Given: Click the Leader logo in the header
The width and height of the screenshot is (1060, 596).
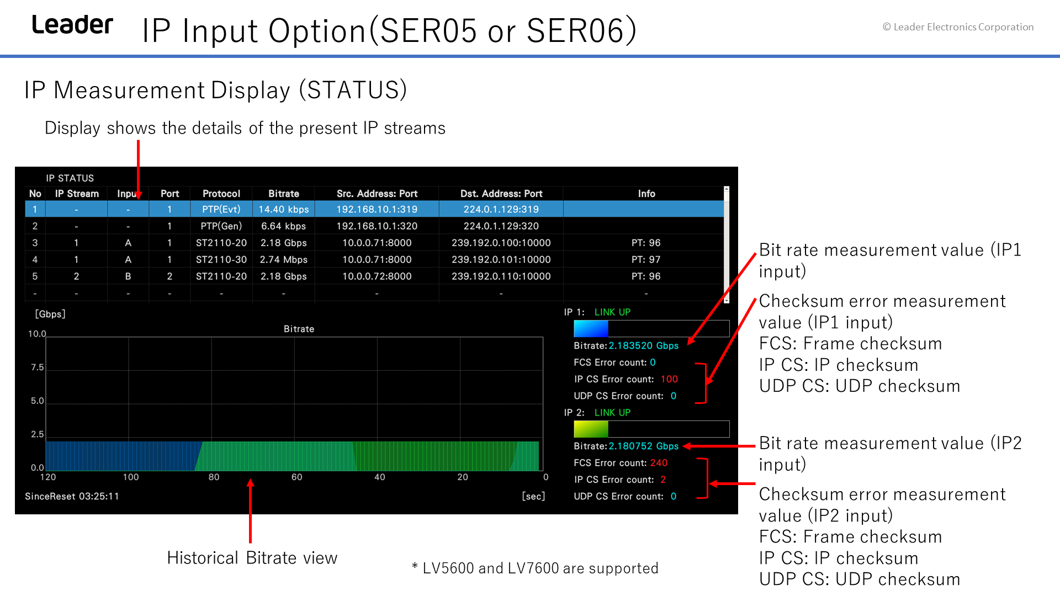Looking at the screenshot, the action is pyautogui.click(x=72, y=25).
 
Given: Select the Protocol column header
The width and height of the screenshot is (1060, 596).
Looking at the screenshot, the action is pyautogui.click(x=221, y=194).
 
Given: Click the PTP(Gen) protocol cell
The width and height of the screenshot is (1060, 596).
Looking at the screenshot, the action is pyautogui.click(x=221, y=226).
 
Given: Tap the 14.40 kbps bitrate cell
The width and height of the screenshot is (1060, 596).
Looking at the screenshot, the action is pyautogui.click(x=284, y=210).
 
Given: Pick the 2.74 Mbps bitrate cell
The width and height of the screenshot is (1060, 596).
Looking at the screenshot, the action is pyautogui.click(x=284, y=260).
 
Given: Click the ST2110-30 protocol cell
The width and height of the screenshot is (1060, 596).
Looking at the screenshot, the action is pyautogui.click(x=221, y=260).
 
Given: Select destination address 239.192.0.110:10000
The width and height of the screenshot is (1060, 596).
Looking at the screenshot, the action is pyautogui.click(x=501, y=276).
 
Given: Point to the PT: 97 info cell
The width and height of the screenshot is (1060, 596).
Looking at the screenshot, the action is pyautogui.click(x=646, y=260).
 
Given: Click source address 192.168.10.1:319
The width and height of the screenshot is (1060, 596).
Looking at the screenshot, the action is pyautogui.click(x=377, y=210).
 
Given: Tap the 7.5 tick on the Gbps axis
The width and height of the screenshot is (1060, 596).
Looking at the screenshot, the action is pyautogui.click(x=37, y=368).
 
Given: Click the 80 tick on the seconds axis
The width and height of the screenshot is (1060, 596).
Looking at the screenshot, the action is pyautogui.click(x=214, y=477).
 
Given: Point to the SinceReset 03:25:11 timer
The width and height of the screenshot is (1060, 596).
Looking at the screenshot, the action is pyautogui.click(x=72, y=497).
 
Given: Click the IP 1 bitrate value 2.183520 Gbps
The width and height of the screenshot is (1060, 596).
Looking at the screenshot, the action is pyautogui.click(x=644, y=346).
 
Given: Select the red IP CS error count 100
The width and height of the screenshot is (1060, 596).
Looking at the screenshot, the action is pyautogui.click(x=669, y=380).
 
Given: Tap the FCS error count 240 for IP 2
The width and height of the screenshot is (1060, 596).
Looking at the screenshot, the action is pyautogui.click(x=659, y=463).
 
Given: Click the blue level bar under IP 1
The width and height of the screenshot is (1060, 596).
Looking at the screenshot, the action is pyautogui.click(x=591, y=329).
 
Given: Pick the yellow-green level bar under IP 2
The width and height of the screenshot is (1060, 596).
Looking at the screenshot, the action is pyautogui.click(x=591, y=429).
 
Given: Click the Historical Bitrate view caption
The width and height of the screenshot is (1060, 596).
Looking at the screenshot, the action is pyautogui.click(x=252, y=558).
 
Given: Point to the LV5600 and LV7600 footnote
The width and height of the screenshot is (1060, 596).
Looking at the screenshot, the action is pyautogui.click(x=535, y=568).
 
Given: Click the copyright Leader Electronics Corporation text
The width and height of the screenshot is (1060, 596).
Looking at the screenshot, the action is pyautogui.click(x=958, y=27).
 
